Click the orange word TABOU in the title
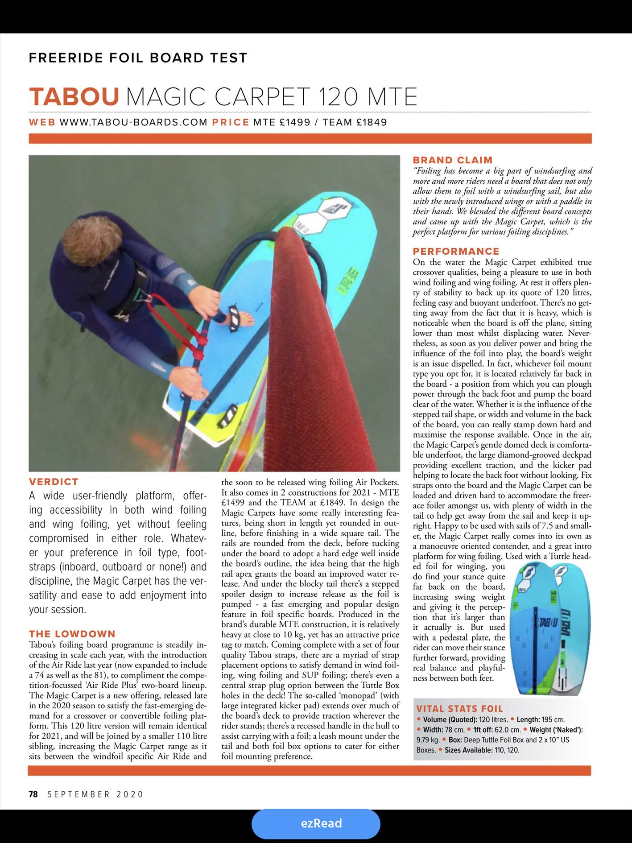click(x=74, y=97)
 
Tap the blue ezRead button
click(x=316, y=823)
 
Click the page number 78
click(x=33, y=794)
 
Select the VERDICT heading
click(x=54, y=482)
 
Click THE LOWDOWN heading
click(x=72, y=634)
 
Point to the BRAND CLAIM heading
click(x=453, y=160)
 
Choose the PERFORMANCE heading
click(x=456, y=251)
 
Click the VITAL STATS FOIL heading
click(x=459, y=709)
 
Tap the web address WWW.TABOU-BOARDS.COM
click(x=133, y=122)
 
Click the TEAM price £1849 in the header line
click(x=372, y=122)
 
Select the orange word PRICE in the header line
click(x=230, y=122)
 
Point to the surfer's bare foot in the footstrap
click(x=240, y=318)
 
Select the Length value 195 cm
click(x=553, y=719)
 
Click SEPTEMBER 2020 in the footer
click(x=95, y=794)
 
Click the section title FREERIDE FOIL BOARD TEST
click(x=138, y=58)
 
